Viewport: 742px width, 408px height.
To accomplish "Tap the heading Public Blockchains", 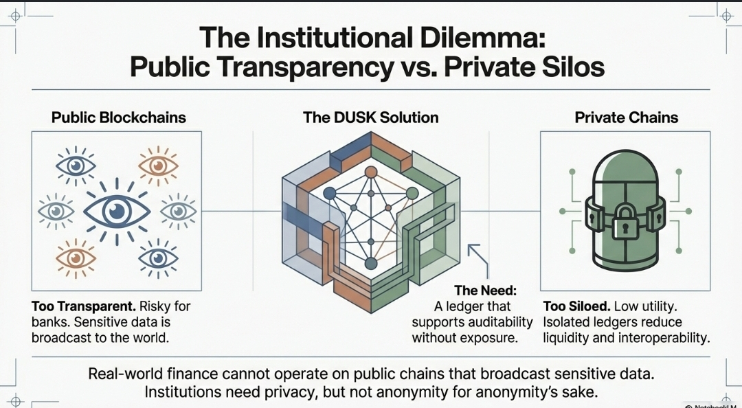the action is [119, 117].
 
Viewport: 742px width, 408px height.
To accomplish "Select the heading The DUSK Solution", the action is [370, 117].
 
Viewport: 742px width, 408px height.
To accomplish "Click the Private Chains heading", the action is [626, 117].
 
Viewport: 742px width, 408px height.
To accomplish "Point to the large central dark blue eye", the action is [116, 212].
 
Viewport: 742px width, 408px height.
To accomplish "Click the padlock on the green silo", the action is [625, 221].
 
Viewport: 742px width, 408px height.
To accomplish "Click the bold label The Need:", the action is [486, 290].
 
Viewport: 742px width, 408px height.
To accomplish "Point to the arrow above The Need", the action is [479, 261].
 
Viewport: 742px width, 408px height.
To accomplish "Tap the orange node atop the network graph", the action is [371, 172].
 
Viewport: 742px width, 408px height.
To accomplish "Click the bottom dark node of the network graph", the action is [371, 263].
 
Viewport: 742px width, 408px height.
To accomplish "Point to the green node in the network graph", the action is [412, 193].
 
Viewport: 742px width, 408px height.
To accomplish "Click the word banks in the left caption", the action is [49, 323].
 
